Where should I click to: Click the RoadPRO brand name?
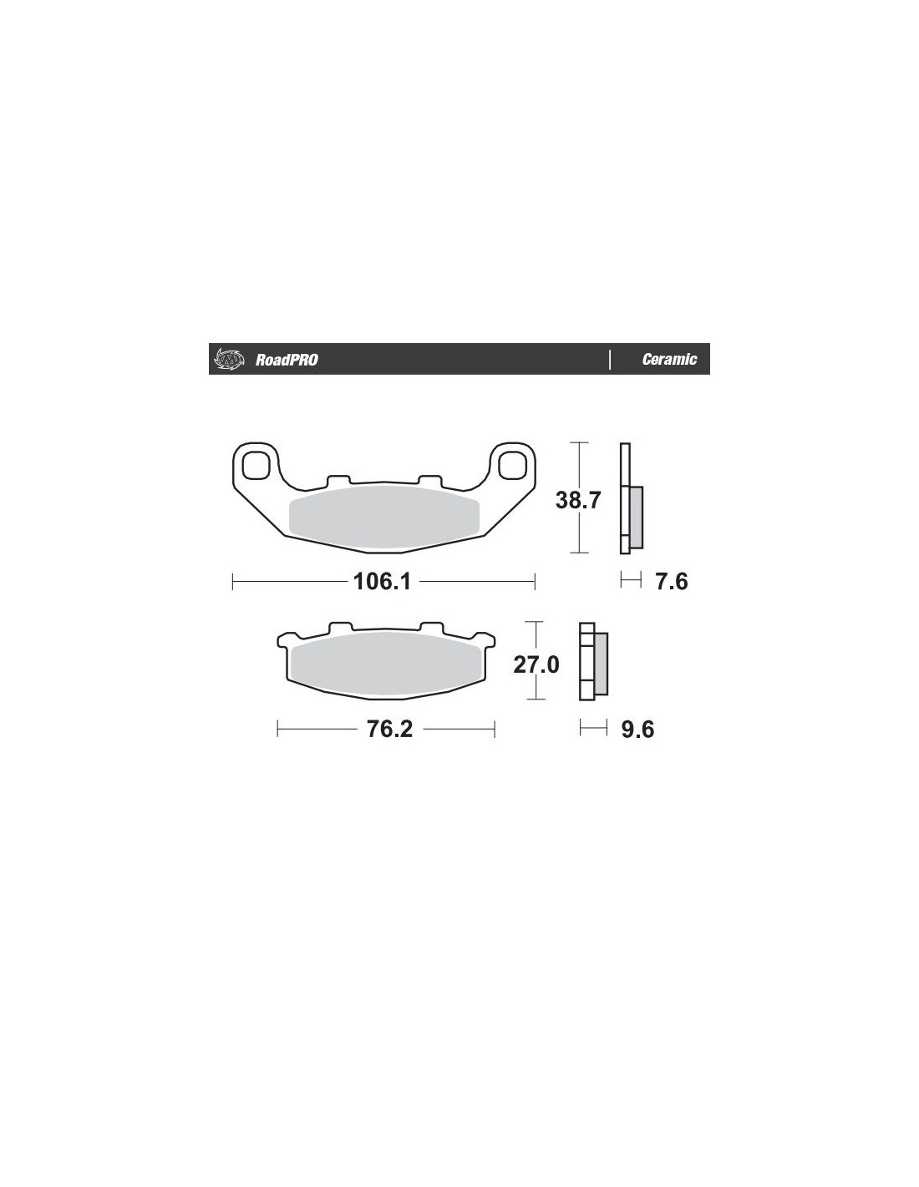coord(286,360)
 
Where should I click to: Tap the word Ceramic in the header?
coord(668,359)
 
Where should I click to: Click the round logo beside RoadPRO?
coord(228,359)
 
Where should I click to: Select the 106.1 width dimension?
coord(382,581)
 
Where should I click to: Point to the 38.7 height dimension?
coord(578,500)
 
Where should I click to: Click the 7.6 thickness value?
coord(672,581)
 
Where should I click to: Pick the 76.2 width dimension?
coord(388,729)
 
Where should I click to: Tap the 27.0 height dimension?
coord(536,664)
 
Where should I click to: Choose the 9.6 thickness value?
coord(637,729)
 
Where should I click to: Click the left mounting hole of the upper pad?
coord(256,464)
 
